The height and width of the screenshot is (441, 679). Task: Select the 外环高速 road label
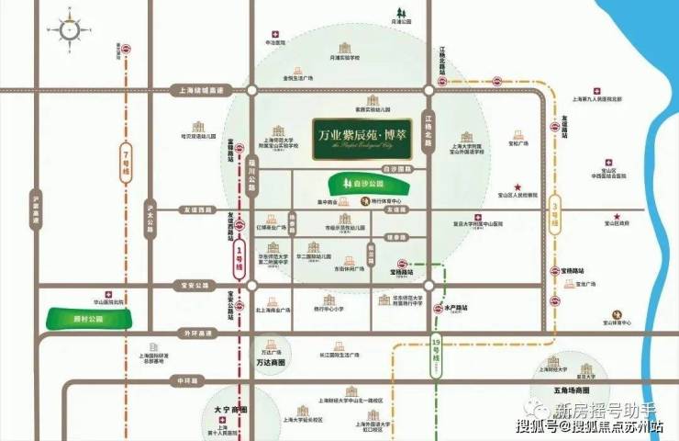click(x=195, y=333)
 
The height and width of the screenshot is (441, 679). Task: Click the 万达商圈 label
click(x=269, y=363)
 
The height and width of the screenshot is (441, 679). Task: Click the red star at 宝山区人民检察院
click(x=518, y=184)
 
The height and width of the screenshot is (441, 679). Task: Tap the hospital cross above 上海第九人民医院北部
click(x=597, y=91)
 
